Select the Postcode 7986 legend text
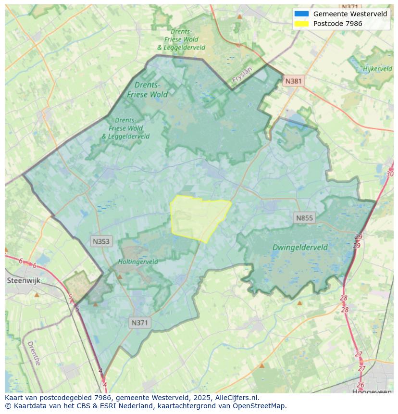(337, 24)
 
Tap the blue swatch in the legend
(301, 14)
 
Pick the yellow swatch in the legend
(301, 24)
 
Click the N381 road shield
(293, 81)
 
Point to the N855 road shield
(304, 218)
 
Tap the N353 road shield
(101, 241)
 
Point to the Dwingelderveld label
(300, 248)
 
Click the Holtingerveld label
(138, 262)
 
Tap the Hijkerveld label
(378, 69)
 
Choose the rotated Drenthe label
(34, 353)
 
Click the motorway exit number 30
(390, 174)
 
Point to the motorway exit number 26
(361, 385)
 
